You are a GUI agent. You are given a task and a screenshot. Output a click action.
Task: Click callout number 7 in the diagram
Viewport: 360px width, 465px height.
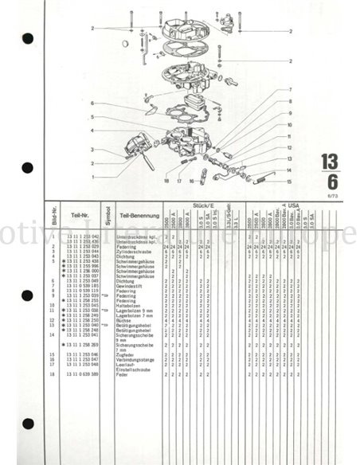290,90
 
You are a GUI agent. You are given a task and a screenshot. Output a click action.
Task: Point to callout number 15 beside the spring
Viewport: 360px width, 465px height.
290,182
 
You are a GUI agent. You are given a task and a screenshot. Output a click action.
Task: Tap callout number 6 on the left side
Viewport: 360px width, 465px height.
92,104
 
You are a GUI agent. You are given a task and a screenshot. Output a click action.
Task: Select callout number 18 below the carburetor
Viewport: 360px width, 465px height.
166,182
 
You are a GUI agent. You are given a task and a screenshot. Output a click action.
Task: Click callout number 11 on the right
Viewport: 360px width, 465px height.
290,136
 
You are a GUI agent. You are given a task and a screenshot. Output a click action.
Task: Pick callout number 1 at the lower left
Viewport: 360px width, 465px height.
92,176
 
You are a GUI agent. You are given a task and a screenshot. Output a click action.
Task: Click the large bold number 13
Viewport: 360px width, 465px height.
329,162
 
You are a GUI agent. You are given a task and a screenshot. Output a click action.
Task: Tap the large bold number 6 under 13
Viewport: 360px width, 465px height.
331,181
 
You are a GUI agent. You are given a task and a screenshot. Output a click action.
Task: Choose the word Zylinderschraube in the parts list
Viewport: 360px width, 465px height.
132,251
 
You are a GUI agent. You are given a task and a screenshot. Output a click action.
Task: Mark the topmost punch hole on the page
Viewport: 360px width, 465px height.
27,38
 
